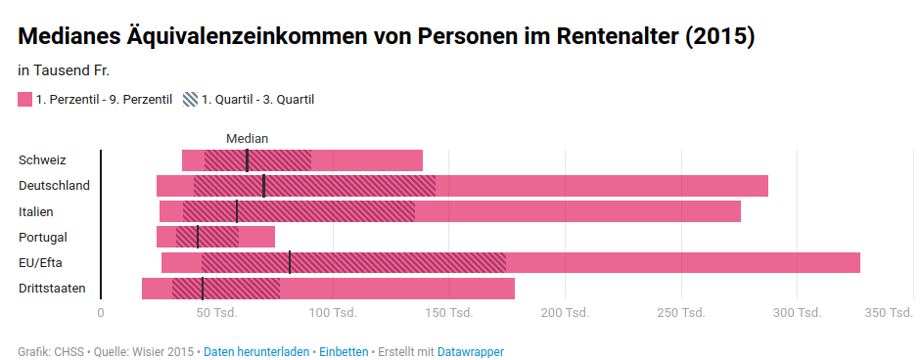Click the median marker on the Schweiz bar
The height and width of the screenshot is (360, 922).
click(x=247, y=160)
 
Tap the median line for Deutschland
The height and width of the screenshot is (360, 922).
click(x=263, y=186)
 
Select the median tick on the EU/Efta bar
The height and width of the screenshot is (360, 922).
click(x=290, y=262)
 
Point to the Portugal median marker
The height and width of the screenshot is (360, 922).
click(x=198, y=237)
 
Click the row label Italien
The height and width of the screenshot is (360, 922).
click(x=36, y=211)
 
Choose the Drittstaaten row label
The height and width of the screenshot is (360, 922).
click(x=52, y=288)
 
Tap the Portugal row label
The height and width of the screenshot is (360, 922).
click(x=43, y=238)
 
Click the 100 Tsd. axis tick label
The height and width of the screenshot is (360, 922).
click(x=333, y=313)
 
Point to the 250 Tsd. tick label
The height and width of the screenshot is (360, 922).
click(x=681, y=313)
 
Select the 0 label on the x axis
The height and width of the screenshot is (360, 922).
click(x=101, y=313)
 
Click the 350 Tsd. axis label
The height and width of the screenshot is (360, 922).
click(x=889, y=313)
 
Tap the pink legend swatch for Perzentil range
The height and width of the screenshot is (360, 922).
click(x=24, y=99)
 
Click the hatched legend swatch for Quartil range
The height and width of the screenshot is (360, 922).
click(x=191, y=99)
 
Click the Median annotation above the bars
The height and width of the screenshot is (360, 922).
click(x=247, y=139)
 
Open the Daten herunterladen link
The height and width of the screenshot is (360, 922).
click(x=256, y=352)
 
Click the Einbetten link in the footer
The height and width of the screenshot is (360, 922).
click(x=344, y=352)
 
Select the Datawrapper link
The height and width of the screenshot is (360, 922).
click(x=471, y=352)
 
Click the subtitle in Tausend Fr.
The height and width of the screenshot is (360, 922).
click(x=64, y=71)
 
